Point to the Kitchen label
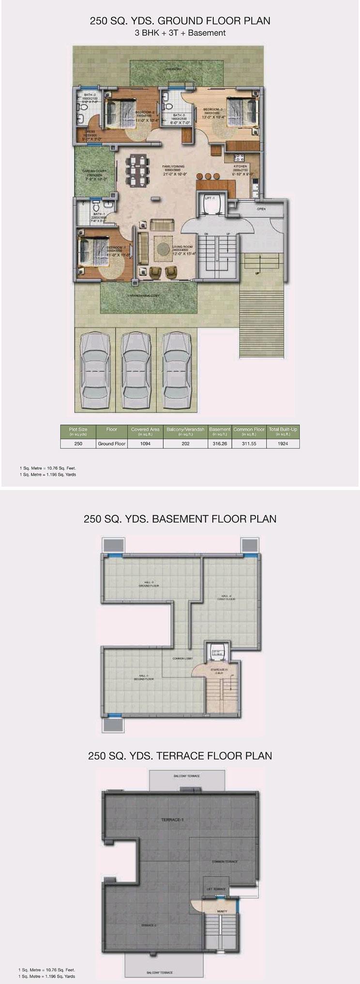[x=240, y=166]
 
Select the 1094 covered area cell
[x=145, y=443]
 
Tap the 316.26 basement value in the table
[x=220, y=443]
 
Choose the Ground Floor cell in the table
[x=112, y=443]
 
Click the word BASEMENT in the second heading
[x=180, y=519]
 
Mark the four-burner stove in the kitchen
[x=239, y=157]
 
